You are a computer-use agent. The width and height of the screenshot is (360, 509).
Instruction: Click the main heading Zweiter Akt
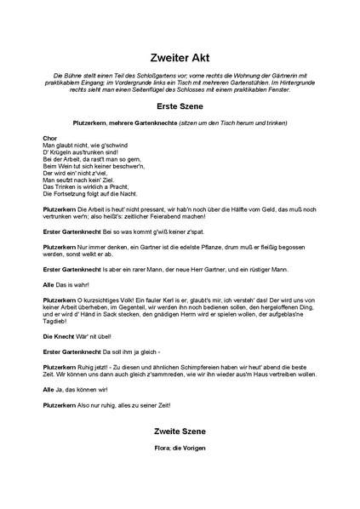[180, 51]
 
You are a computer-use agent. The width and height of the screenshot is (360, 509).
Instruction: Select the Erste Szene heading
[180, 109]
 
